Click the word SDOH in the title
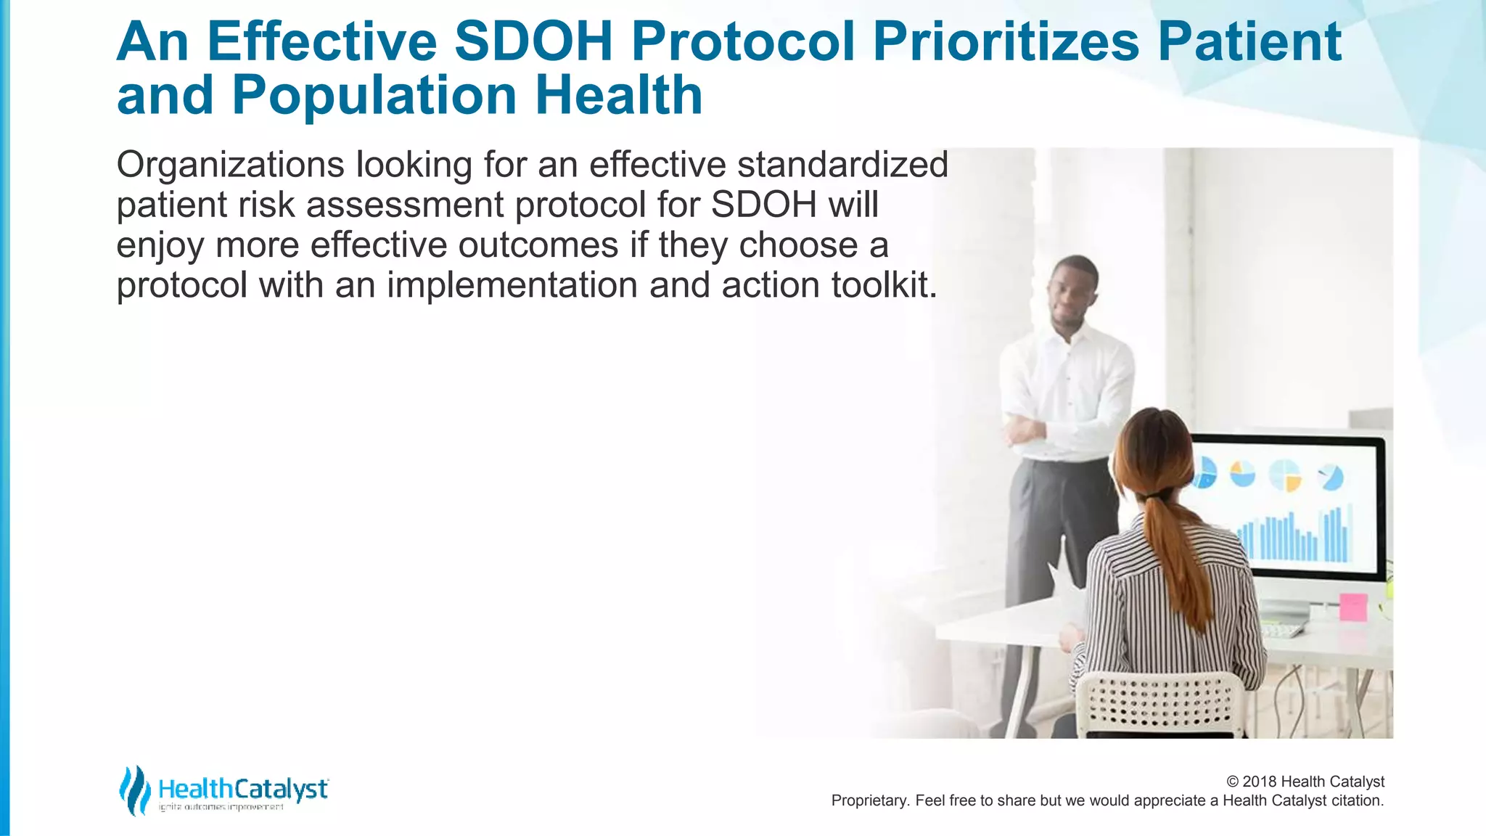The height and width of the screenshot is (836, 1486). [533, 41]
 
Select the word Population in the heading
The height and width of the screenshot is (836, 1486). [374, 95]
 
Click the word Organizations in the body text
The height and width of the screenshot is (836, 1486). [230, 165]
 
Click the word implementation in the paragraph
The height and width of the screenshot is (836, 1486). [512, 285]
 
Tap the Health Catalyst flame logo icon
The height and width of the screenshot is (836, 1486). [134, 790]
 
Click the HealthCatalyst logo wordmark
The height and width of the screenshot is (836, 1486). [243, 789]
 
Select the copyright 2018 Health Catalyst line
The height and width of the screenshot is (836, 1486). [1305, 782]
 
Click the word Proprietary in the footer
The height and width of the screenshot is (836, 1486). [868, 800]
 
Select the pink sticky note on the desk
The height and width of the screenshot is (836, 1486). [1352, 607]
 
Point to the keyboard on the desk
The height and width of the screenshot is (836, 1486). [1281, 630]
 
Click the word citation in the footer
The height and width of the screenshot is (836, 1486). [1357, 800]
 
